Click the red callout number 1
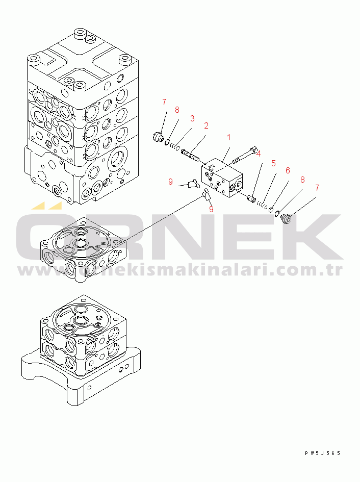229,137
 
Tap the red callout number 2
206,125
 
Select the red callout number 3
192,118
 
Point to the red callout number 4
259,154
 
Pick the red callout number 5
273,163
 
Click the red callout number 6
288,170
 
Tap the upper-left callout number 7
164,102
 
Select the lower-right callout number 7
317,188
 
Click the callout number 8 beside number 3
177,110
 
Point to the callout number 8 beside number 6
302,180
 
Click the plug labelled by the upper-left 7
158,136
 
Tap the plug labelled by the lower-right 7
287,219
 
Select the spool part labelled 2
191,155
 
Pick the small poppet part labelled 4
252,198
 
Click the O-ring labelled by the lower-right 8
277,213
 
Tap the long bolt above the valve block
245,155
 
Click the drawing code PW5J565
323,453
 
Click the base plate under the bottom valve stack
81,375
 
